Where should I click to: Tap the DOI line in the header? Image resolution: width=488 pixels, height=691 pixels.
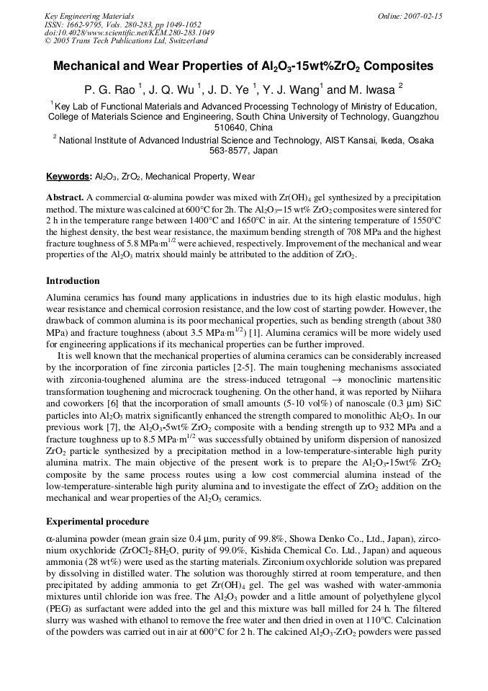[129, 33]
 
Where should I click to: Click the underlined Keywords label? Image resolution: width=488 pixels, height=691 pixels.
[68, 177]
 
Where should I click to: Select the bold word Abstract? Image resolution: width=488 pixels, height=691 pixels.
[65, 197]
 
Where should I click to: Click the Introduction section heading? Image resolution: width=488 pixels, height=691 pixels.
[73, 280]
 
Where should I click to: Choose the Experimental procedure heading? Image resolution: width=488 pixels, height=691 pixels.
[97, 521]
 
